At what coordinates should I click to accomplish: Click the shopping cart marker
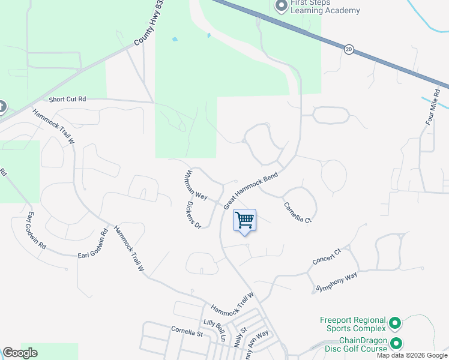coord(244,220)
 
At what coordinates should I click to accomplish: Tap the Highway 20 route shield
coord(348,49)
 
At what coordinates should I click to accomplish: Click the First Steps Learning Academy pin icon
coord(280,6)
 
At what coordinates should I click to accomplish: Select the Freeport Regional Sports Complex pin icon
coord(395,323)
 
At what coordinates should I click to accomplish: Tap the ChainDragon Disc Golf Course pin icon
coord(396,344)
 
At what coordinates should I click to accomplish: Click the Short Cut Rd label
coord(68,99)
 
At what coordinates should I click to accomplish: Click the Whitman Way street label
coord(195,185)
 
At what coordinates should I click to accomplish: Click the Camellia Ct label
coord(298,212)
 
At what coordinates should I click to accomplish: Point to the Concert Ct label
coord(327,257)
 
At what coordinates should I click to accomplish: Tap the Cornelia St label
coord(187,329)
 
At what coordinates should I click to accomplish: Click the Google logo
coord(20,353)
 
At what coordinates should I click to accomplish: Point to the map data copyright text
coord(411,355)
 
